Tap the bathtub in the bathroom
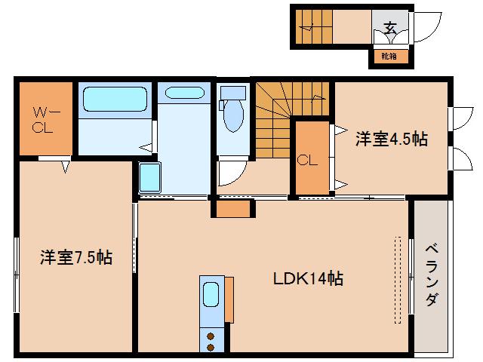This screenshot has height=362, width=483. coord(115,99)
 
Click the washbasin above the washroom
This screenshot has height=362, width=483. coord(182,94)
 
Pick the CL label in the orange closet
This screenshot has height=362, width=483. coord(306,160)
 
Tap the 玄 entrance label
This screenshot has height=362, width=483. coord(390,29)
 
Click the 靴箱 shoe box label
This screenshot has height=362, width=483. coord(389,57)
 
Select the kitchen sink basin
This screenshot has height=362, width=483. coord(211,294)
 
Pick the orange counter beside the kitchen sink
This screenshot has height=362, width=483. coord(229,301)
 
